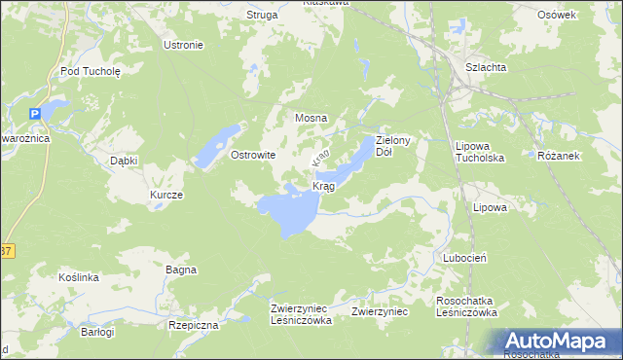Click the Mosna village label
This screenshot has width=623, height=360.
311,118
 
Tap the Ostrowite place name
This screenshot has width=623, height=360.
253,155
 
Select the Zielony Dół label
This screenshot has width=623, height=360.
396,146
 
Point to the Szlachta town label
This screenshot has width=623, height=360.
485,66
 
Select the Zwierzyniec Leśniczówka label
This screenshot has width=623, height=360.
302,313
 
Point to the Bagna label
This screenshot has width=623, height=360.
181,270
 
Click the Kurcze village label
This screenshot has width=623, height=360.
165,195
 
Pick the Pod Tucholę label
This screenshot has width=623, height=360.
90,71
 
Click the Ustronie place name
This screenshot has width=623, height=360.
183,45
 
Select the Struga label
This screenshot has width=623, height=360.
262,15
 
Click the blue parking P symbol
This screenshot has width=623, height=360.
35,114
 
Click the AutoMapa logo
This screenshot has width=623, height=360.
559,341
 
